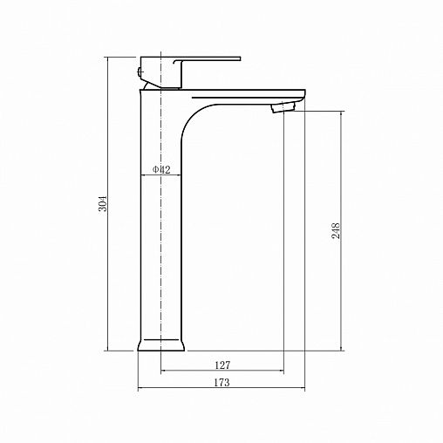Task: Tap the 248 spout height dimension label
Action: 336,230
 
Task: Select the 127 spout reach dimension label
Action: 222,365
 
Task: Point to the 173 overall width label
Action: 221,382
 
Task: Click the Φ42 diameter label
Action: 161,169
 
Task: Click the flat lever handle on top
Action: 207,59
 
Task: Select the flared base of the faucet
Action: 160,345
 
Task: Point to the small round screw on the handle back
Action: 140,71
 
